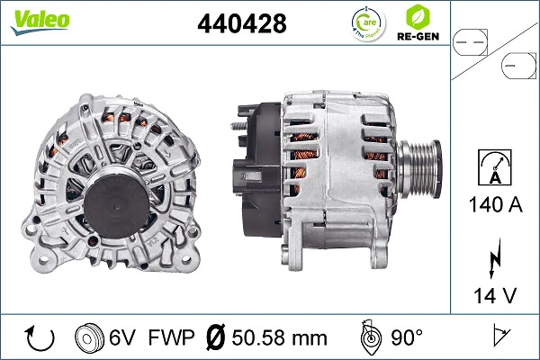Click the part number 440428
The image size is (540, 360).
point(241,24)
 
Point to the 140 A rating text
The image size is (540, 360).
point(494,204)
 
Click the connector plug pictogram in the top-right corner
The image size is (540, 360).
point(494,51)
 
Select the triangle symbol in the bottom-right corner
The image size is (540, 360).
point(497,338)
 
